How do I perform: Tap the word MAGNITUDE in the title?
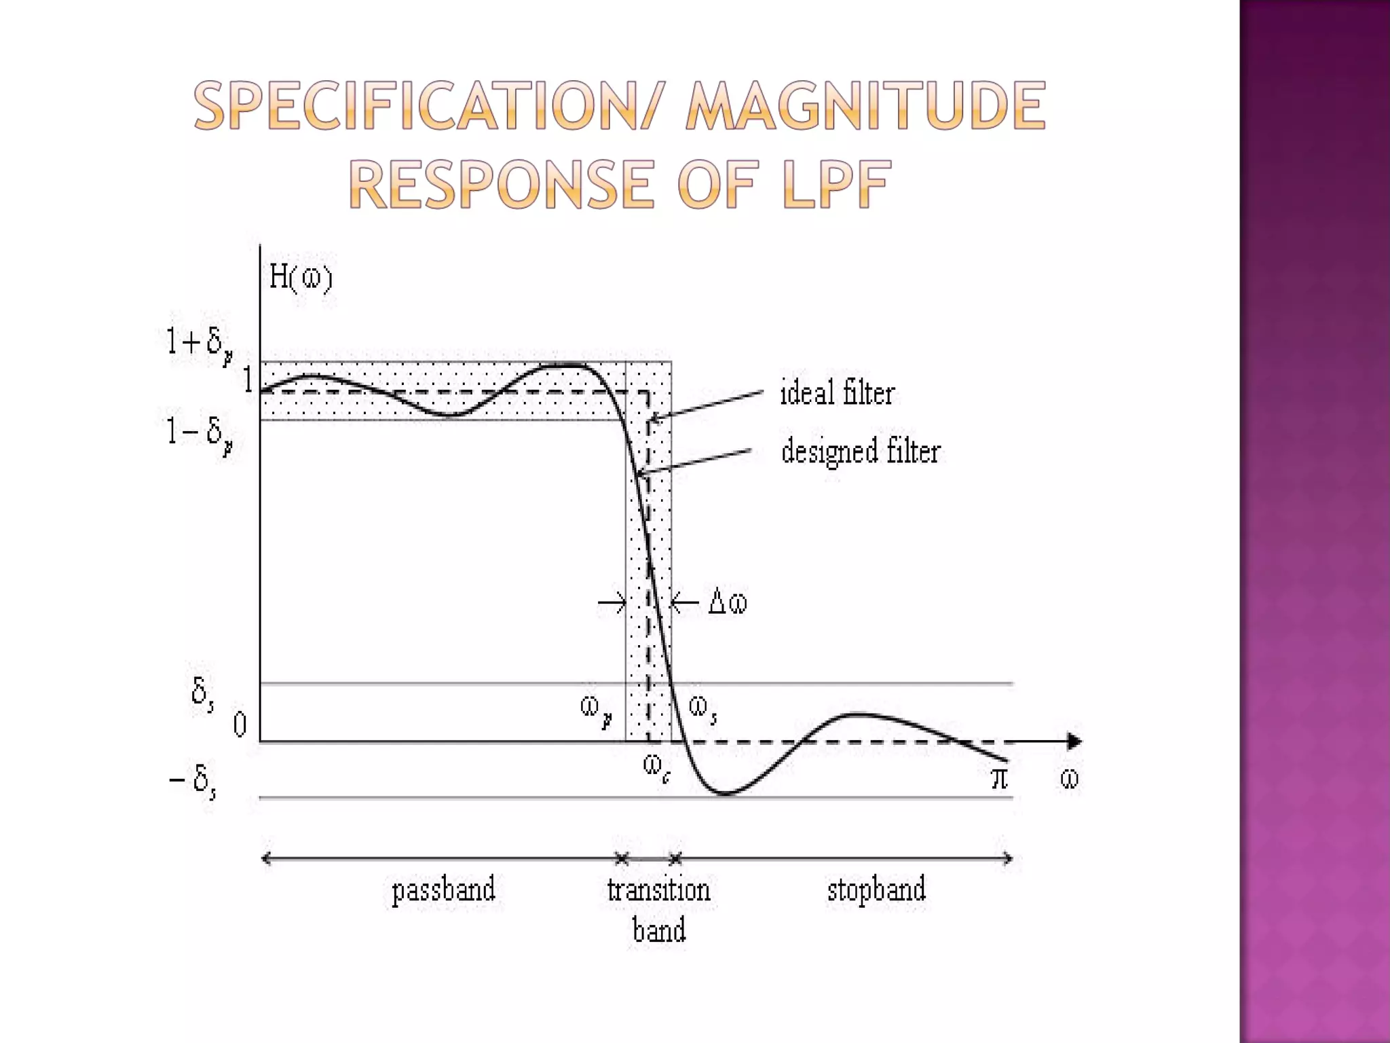point(865,105)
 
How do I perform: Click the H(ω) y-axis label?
point(301,277)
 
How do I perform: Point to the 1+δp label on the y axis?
point(200,344)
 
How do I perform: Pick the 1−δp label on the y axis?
point(200,433)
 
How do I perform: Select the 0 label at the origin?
point(240,725)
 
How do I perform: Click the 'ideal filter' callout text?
point(838,393)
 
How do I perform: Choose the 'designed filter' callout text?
point(861,452)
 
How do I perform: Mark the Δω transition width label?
point(727,602)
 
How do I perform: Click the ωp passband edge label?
point(597,710)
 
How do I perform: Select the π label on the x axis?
point(999,778)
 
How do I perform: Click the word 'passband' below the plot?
point(443,890)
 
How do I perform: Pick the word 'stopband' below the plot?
point(876,890)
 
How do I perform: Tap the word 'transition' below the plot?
point(658,890)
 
